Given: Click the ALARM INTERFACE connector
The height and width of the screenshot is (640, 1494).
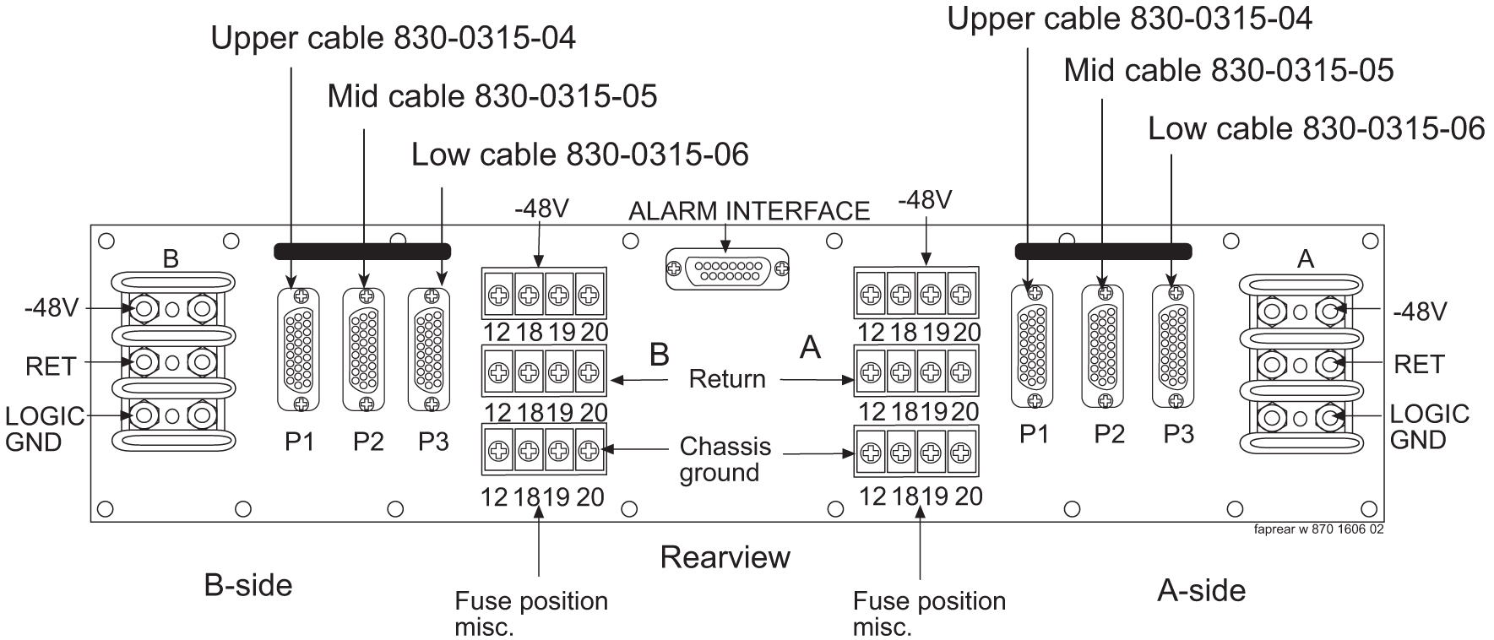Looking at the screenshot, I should coord(728,269).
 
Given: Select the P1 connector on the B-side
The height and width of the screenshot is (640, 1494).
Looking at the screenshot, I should coord(300,349).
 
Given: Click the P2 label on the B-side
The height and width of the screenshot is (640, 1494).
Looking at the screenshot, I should coord(368,442).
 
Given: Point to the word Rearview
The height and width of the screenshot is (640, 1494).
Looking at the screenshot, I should coord(725,557).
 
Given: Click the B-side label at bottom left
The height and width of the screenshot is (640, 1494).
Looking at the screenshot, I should coord(247,585).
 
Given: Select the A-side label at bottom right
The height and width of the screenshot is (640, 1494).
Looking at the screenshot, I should coord(1200,590).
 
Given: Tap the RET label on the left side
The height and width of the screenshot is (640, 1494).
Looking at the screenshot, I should coord(51,366).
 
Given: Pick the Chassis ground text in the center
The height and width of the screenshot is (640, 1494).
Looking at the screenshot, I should coord(725,459).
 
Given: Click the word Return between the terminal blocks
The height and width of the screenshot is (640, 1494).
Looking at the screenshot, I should coord(726,379).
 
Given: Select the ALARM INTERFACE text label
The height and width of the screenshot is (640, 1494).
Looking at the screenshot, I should coord(748,210).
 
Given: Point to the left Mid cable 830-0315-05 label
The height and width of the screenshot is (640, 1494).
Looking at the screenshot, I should coord(492,96).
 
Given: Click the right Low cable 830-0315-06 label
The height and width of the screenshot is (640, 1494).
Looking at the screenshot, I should coord(1316,128).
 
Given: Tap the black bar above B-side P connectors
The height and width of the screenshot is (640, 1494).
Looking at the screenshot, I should coord(362,251).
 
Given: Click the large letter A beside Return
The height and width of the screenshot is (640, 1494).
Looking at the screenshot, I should coord(810,347).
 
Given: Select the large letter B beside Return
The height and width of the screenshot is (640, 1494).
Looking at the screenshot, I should coord(659,355).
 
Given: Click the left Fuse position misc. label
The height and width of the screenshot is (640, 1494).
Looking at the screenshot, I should coord(530,613).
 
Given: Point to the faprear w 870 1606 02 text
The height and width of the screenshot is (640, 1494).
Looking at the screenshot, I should coord(1318,529).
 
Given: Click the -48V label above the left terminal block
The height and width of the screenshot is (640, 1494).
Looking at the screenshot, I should coord(541,209).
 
